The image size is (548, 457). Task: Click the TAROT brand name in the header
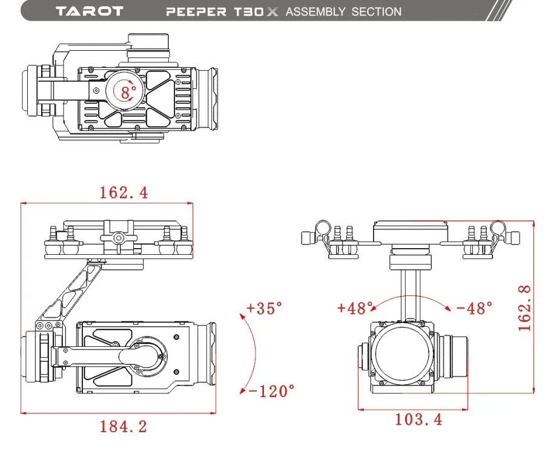click(x=89, y=12)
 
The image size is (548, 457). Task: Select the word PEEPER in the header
click(x=196, y=12)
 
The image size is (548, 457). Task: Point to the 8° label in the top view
click(x=128, y=93)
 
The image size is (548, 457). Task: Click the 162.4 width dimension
click(x=124, y=192)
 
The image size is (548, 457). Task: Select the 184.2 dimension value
click(x=124, y=427)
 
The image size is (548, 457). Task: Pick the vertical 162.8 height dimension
click(x=525, y=307)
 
